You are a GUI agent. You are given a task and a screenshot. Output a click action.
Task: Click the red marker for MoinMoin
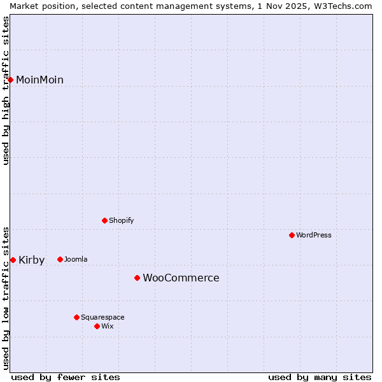click(x=11, y=80)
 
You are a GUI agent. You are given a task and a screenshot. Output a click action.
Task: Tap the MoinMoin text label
click(x=39, y=80)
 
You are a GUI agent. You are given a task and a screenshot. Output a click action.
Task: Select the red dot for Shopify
click(x=104, y=220)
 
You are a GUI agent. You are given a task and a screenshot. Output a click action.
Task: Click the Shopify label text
click(x=121, y=220)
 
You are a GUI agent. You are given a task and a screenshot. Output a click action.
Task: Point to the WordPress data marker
click(x=292, y=235)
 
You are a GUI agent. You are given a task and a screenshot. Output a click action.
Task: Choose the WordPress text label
click(x=313, y=235)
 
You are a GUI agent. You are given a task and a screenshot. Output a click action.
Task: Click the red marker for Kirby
click(x=13, y=260)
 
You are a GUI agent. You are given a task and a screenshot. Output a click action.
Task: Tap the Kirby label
click(x=31, y=260)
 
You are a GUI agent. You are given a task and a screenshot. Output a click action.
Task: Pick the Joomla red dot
click(x=60, y=259)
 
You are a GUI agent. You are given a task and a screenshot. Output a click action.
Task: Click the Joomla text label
click(x=76, y=259)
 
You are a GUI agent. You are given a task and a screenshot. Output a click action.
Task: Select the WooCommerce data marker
click(x=137, y=278)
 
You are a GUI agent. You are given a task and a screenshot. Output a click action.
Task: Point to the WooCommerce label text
click(x=181, y=278)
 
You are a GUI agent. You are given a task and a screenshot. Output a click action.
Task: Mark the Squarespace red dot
click(x=76, y=317)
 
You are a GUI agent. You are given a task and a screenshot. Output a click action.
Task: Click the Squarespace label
click(x=103, y=317)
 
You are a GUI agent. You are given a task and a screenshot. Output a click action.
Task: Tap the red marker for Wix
click(x=97, y=326)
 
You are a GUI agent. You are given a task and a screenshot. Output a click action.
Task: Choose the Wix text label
click(x=108, y=326)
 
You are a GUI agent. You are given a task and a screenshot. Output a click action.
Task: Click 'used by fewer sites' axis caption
click(x=66, y=377)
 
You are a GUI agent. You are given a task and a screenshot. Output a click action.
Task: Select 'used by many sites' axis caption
click(x=320, y=377)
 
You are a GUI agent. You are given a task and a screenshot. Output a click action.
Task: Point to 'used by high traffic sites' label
click(x=6, y=90)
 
